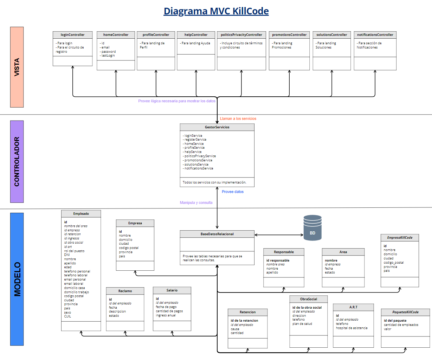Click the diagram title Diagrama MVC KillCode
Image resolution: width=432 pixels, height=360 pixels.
pos(216,11)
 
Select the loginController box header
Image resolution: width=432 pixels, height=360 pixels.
pos(72,35)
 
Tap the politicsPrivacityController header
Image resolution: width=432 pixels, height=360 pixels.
pos(241,35)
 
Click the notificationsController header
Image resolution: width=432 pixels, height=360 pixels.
pos(375,35)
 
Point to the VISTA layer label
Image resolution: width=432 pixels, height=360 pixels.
pos(17,67)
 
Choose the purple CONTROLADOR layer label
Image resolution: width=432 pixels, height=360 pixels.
pos(17,162)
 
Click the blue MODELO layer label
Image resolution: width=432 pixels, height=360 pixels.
pos(17,279)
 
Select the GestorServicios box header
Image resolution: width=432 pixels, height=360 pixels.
pos(217,127)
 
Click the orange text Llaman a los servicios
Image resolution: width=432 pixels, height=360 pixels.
pos(238,119)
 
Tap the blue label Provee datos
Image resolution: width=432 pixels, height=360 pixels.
pos(232,192)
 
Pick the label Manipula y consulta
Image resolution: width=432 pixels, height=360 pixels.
pos(196,203)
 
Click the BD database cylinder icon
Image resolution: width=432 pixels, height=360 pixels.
pos(312,228)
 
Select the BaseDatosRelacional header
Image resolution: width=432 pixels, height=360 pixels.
pos(217,234)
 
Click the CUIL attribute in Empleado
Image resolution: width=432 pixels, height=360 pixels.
pos(67,316)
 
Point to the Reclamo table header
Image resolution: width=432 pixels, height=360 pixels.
pos(125,291)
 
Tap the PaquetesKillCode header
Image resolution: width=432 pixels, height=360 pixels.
pos(405,312)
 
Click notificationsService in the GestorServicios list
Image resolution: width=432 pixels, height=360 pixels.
pos(199,168)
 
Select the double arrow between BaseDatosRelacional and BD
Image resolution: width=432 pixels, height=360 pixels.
pos(279,235)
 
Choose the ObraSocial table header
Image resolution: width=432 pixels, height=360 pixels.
pos(308,299)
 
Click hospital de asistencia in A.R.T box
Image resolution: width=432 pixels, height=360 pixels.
pos(352,328)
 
